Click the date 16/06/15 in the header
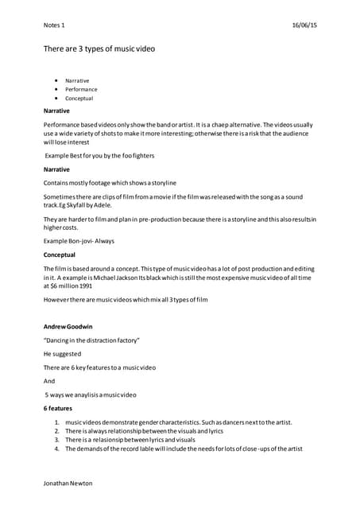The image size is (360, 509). click(303, 25)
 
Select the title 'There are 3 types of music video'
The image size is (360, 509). click(99, 49)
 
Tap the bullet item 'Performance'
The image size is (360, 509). click(81, 90)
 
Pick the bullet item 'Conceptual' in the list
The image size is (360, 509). click(79, 99)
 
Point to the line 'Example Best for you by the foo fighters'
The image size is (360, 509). click(99, 156)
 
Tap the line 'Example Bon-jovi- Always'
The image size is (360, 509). click(79, 239)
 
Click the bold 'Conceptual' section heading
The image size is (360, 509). click(60, 255)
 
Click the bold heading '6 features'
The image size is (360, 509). click(57, 409)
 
